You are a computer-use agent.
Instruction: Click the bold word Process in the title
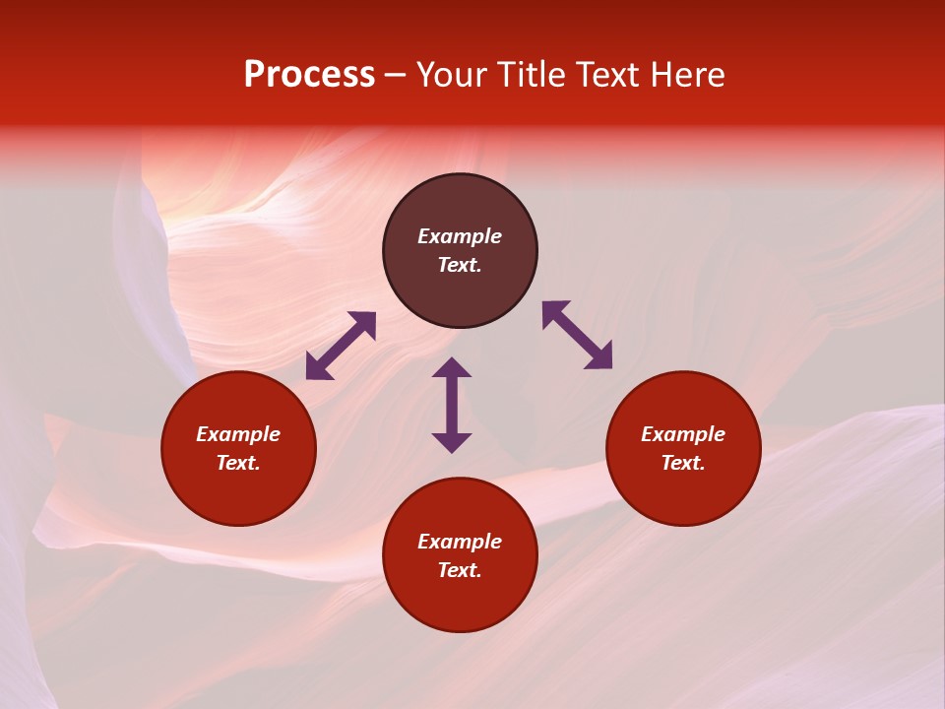(309, 75)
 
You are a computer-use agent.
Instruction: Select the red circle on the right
(683, 487)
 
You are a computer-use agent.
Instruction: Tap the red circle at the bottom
(460, 601)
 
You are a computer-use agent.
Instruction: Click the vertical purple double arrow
(452, 405)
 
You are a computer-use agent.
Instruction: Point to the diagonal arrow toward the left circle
(341, 346)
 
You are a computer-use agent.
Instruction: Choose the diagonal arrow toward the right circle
(577, 335)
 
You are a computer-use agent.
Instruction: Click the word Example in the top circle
(460, 236)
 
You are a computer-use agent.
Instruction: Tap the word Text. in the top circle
(460, 265)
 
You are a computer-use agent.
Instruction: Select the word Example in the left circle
(238, 434)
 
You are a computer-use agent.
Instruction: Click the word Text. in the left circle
(238, 463)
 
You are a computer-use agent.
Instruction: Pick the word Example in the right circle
(683, 434)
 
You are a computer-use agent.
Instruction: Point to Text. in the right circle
(683, 463)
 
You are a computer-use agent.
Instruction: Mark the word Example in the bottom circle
(460, 542)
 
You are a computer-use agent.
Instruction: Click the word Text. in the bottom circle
(460, 570)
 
